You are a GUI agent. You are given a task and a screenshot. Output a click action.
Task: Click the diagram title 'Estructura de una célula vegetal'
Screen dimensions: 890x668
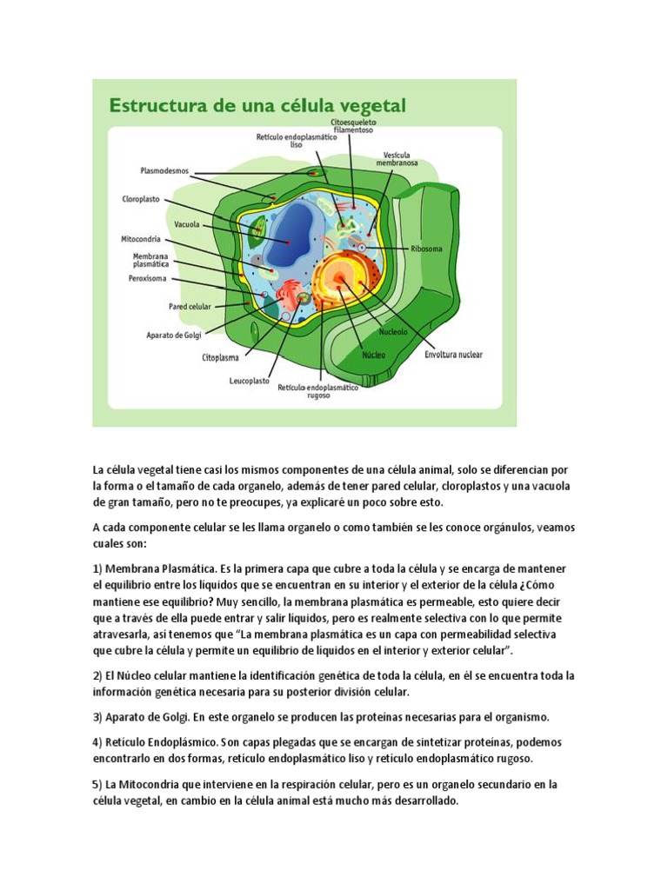[257, 106]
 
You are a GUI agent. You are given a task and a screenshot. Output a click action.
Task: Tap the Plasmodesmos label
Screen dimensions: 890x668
[164, 171]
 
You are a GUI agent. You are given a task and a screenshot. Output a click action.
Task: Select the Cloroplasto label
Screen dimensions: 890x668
[140, 199]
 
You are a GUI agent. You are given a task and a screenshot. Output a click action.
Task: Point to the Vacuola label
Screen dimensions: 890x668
[186, 224]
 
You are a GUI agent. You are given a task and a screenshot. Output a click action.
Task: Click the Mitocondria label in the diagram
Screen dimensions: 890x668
[140, 238]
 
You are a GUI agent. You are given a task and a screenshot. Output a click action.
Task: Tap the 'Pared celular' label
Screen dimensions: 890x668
[190, 307]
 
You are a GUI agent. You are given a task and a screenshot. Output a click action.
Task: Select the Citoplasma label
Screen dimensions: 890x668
[221, 356]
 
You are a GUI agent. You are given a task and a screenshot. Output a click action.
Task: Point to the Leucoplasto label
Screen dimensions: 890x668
[249, 381]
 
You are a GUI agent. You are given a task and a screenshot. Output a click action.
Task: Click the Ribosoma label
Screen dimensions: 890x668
[427, 249]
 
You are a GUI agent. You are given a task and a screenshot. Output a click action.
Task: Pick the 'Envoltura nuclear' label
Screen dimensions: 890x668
[452, 354]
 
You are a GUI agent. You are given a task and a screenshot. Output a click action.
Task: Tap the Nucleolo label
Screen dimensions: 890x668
[393, 332]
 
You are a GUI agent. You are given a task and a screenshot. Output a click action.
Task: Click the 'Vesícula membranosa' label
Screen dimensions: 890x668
[397, 158]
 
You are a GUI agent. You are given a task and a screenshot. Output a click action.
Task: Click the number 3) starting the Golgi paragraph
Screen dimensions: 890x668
[98, 717]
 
